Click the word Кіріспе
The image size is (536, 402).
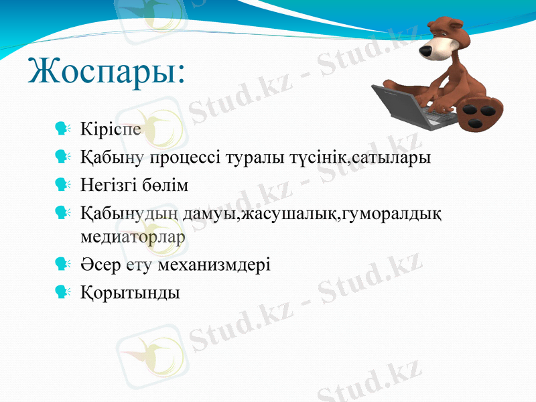tap(110, 128)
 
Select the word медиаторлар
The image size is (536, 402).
tap(133, 236)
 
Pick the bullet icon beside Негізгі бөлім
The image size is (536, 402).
tap(64, 185)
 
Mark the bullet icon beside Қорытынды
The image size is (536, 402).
tap(64, 292)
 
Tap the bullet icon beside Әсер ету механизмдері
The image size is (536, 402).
tap(64, 264)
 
